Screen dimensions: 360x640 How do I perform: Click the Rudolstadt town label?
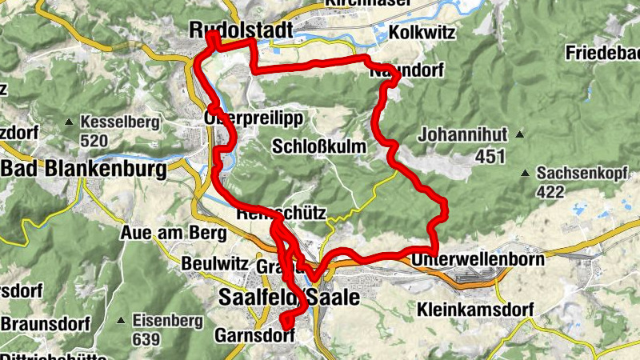[241, 30]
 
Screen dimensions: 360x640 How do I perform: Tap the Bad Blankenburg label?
[84, 169]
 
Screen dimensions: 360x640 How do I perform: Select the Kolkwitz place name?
[422, 33]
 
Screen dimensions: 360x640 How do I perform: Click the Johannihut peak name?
[462, 134]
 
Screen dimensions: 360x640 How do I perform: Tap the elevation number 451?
[490, 157]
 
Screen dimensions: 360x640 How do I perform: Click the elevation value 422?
[550, 191]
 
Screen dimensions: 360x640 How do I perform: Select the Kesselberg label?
[120, 123]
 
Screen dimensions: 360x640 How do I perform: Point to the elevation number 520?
[94, 142]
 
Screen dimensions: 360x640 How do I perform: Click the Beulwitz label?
[211, 262]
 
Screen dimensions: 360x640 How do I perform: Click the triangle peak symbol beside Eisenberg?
[122, 321]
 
